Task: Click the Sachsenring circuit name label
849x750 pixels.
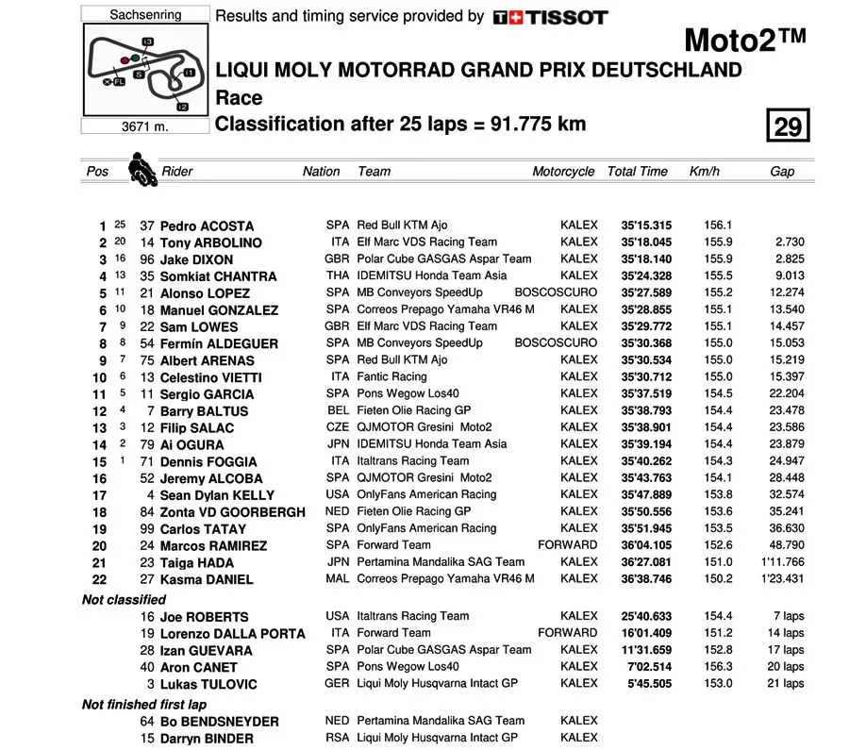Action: (145, 15)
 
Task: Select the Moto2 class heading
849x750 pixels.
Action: (744, 40)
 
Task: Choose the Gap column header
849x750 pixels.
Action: (782, 172)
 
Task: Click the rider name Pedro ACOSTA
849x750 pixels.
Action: (207, 226)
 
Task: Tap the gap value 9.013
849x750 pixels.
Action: (786, 276)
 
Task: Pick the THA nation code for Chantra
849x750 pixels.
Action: (337, 276)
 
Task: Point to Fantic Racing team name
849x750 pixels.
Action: (391, 377)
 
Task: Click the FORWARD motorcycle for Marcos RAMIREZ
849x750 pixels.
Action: (567, 545)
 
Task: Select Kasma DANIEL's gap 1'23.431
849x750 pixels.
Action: (781, 579)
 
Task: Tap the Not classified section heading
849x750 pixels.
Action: (124, 600)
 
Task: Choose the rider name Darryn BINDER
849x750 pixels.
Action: (207, 739)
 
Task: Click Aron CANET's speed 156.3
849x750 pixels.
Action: (717, 668)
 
